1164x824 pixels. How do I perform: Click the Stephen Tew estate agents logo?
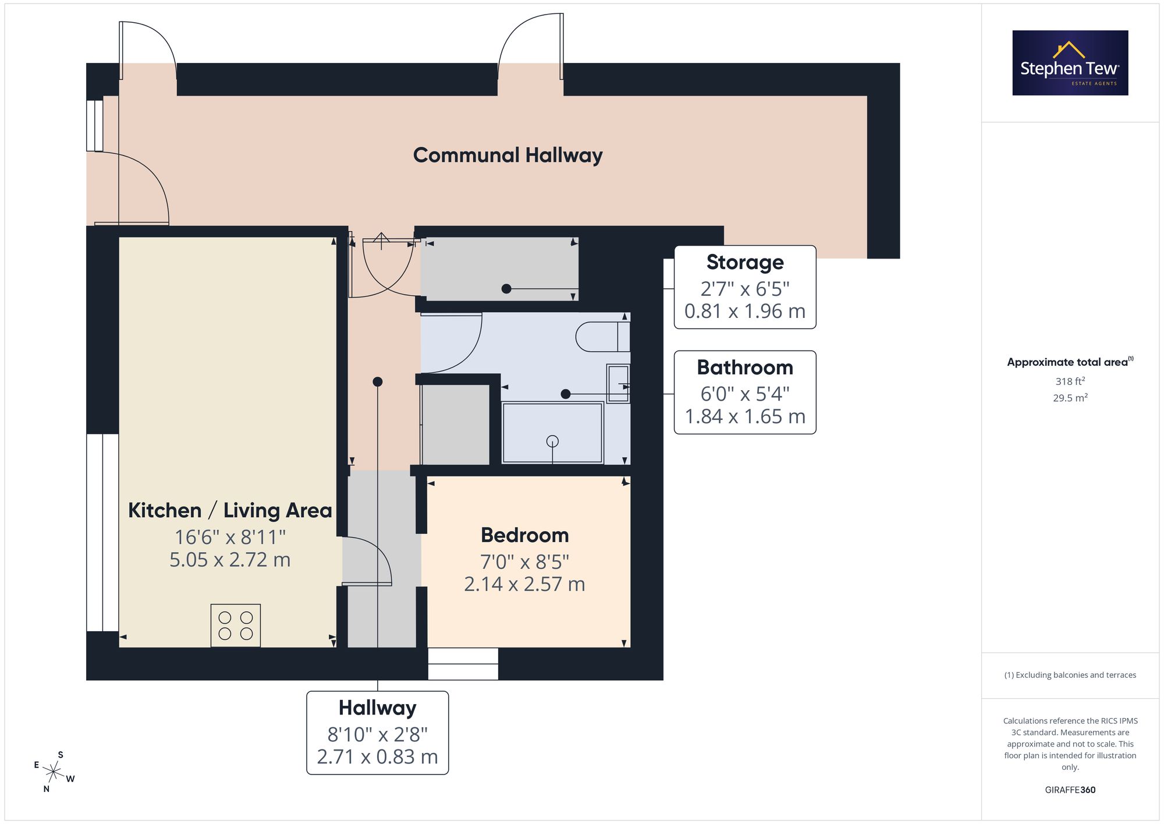1070,63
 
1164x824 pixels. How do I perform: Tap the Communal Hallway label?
508,155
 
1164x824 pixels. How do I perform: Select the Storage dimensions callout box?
745,287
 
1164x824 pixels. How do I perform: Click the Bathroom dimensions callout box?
745,392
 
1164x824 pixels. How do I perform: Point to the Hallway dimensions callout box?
378,733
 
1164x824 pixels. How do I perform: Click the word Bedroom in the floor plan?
525,535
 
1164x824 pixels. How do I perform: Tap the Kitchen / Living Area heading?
230,511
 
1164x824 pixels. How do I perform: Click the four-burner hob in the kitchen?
236,625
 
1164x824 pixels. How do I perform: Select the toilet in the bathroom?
603,337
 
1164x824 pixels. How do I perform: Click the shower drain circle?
552,441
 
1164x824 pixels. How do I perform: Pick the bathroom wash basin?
618,384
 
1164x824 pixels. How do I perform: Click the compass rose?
54,773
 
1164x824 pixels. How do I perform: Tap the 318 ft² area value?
1070,381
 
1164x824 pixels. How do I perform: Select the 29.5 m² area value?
1070,398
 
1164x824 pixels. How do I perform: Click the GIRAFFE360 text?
1070,790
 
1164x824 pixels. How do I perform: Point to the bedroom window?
463,664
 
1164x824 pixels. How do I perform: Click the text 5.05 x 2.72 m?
230,560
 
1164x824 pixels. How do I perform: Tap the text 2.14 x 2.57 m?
525,584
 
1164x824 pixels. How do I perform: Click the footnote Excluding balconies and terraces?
1070,675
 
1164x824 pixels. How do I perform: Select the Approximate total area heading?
1070,362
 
